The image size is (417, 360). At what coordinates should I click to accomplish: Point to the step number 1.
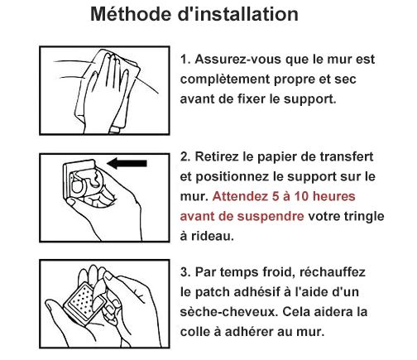pos(185,60)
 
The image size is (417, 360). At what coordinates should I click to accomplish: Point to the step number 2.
pos(185,157)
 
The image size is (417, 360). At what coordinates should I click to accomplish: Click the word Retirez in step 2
pos(219,157)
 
